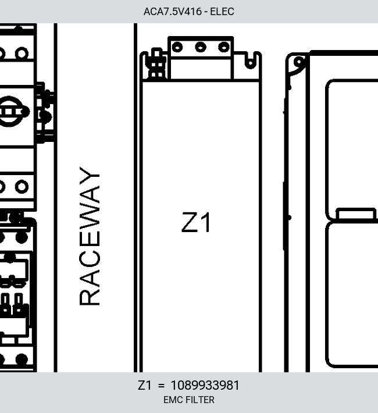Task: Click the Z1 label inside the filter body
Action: [x=196, y=222]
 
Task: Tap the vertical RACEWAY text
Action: [x=90, y=236]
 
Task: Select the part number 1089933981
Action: [x=205, y=385]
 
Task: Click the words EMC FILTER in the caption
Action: [x=189, y=400]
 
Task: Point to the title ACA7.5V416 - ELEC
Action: [x=189, y=12]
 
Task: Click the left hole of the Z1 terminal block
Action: [x=177, y=48]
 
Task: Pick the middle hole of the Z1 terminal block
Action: [x=201, y=48]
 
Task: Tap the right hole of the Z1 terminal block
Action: [x=224, y=48]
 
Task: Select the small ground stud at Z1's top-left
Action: [x=157, y=63]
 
